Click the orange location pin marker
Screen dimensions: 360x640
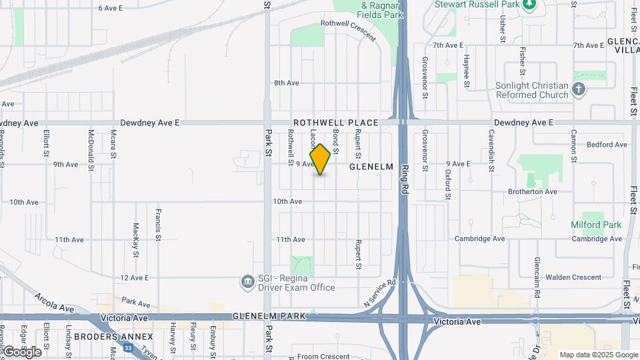[x=320, y=159]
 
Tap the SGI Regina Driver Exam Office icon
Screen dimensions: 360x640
[x=247, y=282]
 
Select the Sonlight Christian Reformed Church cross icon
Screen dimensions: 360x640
[x=578, y=89]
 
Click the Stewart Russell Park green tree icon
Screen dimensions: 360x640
[x=529, y=4]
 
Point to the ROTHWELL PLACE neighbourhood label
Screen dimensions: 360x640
[x=336, y=123]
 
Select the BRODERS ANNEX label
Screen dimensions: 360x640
[x=114, y=337]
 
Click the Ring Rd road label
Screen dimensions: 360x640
[x=405, y=180]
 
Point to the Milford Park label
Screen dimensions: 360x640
[x=596, y=225]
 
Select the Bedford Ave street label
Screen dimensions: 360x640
[x=607, y=144]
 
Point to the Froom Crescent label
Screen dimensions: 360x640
[x=323, y=356]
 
